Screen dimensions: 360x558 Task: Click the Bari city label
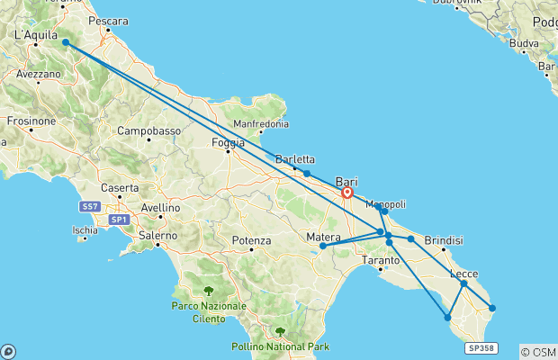click(x=346, y=180)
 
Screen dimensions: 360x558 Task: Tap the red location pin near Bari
click(x=347, y=192)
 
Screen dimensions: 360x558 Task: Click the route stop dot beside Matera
click(x=323, y=245)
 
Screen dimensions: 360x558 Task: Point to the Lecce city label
click(x=463, y=274)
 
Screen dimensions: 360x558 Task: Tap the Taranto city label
click(x=380, y=260)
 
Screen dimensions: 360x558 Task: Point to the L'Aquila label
click(x=34, y=35)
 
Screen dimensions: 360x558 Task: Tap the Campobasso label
click(x=149, y=130)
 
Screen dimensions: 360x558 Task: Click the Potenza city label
click(x=251, y=240)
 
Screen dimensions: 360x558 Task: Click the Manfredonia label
click(x=261, y=123)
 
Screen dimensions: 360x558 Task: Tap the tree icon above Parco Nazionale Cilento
click(x=209, y=291)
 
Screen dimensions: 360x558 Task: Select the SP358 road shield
click(x=481, y=348)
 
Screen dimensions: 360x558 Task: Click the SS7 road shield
click(x=91, y=207)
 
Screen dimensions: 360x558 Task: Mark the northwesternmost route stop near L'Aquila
click(x=66, y=42)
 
